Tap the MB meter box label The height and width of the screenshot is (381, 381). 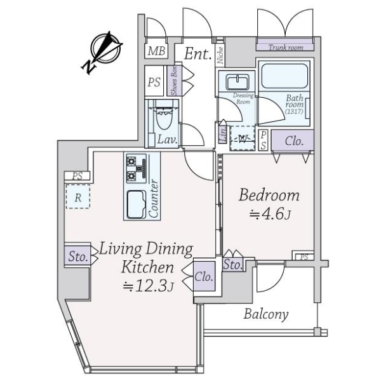point(156,51)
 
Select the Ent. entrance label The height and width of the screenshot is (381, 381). point(197,54)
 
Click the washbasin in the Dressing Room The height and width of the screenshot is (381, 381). point(237,82)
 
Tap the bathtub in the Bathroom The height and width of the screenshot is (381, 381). point(284,76)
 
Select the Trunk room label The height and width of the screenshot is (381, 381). point(286,48)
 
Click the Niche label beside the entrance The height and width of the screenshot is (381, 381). point(220,55)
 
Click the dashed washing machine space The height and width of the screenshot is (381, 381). point(243,138)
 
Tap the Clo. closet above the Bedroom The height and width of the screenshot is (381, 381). point(293,142)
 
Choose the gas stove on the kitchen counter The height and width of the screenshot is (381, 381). point(136,168)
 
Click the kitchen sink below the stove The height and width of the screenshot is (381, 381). point(137,204)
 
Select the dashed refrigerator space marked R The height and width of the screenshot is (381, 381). point(77,196)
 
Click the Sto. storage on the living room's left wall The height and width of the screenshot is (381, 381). point(77,256)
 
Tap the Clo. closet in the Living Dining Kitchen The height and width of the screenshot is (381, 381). point(204,276)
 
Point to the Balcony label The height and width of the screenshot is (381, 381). point(266,314)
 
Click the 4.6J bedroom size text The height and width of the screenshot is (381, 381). point(271,215)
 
